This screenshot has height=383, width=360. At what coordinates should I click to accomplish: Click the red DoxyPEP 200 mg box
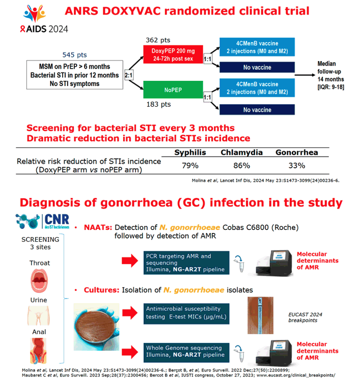point(173,54)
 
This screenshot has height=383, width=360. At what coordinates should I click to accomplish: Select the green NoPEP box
point(173,90)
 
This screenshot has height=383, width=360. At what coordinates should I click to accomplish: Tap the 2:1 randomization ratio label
point(129,75)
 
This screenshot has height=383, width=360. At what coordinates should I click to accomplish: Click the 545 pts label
point(74,55)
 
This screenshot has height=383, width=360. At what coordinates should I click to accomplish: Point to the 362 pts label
point(158,40)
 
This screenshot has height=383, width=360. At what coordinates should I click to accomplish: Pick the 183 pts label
point(158,104)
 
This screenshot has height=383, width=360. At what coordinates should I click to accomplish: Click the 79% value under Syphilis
point(190,166)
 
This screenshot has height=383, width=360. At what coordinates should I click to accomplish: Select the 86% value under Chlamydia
point(242,166)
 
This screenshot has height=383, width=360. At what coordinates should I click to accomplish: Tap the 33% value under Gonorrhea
point(297,166)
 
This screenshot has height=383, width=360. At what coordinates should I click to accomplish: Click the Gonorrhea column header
point(297,153)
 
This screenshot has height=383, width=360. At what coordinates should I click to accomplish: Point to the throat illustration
point(39,281)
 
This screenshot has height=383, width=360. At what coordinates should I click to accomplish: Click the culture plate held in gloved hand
point(97,327)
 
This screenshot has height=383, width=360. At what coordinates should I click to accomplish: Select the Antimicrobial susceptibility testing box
point(186,314)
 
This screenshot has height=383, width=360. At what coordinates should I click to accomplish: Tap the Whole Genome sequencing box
point(186,352)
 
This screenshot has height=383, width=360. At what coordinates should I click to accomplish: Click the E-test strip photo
point(260,315)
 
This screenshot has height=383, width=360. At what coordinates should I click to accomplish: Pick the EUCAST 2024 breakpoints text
point(305,317)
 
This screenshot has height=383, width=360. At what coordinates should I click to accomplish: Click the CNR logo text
point(57,220)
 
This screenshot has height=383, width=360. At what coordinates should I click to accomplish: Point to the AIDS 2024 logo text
point(44,29)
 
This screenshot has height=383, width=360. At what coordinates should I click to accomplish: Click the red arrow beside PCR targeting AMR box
point(130,260)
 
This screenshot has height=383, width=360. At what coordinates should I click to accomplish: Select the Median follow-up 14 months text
point(330,75)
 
